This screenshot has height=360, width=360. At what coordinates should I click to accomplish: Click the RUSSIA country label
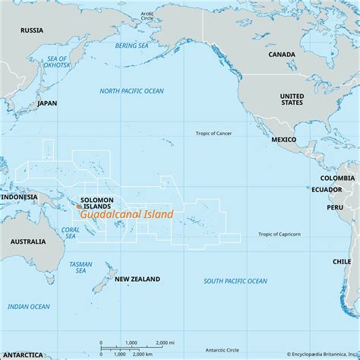coord(32,30)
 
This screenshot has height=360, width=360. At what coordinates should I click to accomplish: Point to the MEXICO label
coord(284,141)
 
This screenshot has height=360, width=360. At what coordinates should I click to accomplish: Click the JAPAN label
coord(46,103)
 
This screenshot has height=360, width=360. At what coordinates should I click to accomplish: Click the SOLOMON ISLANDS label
coord(96,203)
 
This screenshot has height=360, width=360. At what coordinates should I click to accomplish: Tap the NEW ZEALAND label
coord(137,279)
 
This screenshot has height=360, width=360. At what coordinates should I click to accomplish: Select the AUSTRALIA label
coord(27,242)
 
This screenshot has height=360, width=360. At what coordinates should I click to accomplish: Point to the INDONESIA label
coord(19,197)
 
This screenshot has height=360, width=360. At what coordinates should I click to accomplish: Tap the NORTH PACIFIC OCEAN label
coord(132,91)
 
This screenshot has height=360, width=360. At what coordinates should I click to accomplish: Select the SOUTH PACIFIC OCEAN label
coord(235,281)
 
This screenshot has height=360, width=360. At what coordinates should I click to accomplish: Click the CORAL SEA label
coord(70,232)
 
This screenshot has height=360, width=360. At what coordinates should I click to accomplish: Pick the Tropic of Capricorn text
coord(279,235)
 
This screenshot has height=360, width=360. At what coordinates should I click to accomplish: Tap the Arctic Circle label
coord(147,16)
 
